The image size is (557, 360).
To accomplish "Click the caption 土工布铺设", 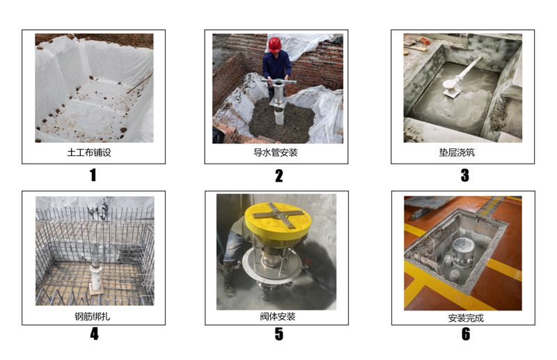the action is point(89,152).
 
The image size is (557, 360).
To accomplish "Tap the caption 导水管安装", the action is point(275,152).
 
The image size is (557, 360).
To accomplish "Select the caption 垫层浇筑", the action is point(457,152).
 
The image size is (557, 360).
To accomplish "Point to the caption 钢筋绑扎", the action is point(93,316).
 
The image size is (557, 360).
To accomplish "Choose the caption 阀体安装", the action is point(277,316).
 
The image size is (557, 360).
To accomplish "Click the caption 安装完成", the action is point(466,318).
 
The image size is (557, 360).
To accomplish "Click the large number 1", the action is point(93,175).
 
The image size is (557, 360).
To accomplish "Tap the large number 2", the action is point(279,175).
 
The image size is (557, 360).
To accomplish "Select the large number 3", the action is point(464,175).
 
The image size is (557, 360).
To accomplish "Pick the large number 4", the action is point(94,334).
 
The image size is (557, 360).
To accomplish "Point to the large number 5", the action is point(279,334).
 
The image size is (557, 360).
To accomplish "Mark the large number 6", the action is point(465,334).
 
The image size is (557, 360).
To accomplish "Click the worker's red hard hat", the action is point(274,45).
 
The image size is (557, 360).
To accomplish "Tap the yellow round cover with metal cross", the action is point(277,220).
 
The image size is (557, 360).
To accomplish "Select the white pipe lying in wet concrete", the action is point(461,77).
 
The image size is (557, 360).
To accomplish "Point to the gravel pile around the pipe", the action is point(281,122).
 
